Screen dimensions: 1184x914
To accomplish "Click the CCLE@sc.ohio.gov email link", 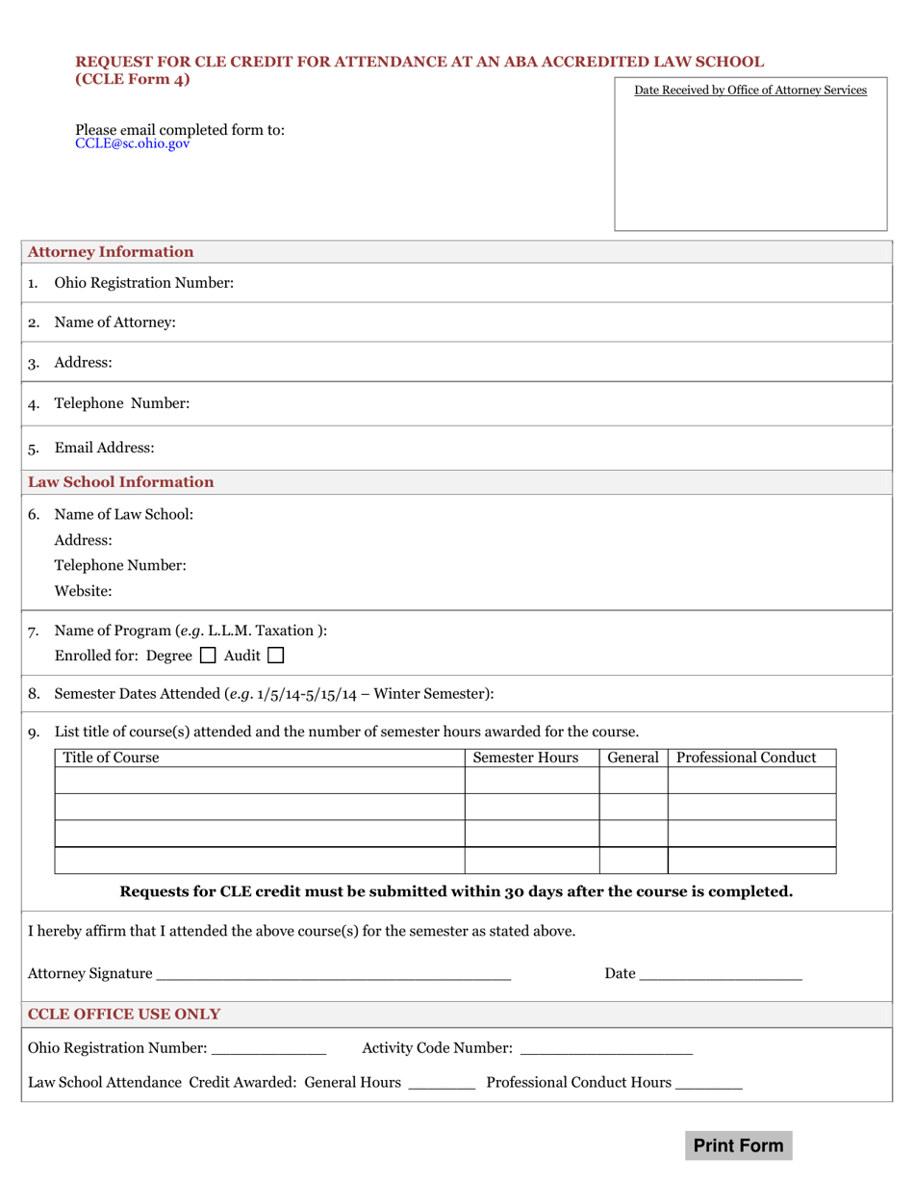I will [133, 143].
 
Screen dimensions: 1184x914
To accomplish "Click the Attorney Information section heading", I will [111, 252].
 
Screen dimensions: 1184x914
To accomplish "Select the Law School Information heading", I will [121, 482].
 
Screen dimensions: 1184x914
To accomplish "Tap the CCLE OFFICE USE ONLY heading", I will [124, 1015].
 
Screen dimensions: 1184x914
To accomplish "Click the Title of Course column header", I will [111, 758].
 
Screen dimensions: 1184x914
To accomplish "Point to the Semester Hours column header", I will [526, 758].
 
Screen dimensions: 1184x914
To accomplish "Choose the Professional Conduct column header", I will [747, 758].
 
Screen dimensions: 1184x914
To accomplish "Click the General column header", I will [633, 758].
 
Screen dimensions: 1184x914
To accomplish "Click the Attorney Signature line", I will [333, 976].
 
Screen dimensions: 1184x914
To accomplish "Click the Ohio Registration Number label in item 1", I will [144, 283].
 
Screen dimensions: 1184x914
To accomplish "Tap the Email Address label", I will [104, 449].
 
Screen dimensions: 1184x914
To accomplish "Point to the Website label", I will [83, 591].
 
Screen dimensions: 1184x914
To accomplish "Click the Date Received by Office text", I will [750, 90].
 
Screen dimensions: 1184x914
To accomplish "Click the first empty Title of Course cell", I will [260, 781].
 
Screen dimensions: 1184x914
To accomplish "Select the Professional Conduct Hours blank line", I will [709, 1085].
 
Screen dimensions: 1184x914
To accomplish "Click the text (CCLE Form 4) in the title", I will [133, 79].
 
